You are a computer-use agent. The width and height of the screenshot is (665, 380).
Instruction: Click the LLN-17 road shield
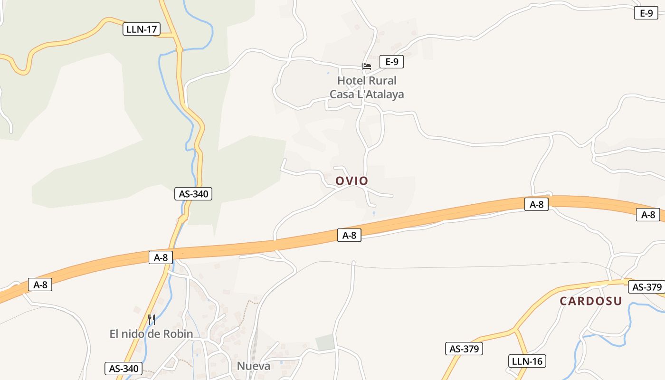click(x=142, y=29)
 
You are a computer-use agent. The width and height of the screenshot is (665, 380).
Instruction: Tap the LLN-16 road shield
click(x=527, y=361)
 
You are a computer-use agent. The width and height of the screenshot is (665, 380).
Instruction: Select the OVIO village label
click(x=351, y=181)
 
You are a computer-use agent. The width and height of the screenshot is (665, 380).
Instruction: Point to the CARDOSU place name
click(x=590, y=301)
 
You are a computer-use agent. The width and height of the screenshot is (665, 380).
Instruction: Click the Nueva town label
click(x=254, y=366)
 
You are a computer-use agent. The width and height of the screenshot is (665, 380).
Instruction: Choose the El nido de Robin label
click(x=151, y=334)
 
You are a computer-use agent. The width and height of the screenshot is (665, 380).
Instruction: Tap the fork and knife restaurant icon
click(x=152, y=319)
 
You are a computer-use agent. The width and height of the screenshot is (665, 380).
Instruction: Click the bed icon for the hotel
click(x=367, y=66)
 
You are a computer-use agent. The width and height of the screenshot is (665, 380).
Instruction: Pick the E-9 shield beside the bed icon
click(x=391, y=61)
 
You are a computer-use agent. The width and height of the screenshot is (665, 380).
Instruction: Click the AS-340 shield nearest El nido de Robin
click(x=123, y=369)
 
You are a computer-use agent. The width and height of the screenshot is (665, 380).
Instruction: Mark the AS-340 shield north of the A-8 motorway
click(x=193, y=194)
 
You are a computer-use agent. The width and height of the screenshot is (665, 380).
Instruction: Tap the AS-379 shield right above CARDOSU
click(x=647, y=287)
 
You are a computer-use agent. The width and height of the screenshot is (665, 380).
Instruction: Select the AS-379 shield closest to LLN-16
click(x=464, y=349)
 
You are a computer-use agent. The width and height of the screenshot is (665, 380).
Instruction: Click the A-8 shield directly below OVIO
click(x=349, y=235)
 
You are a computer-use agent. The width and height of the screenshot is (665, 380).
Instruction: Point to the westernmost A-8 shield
click(x=40, y=285)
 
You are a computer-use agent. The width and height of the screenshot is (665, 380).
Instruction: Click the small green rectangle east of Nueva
click(x=325, y=342)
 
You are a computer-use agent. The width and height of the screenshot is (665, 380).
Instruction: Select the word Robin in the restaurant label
click(x=178, y=334)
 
